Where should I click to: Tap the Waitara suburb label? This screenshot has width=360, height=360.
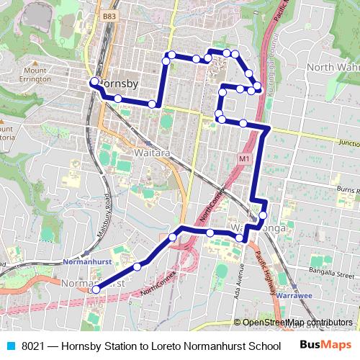tap(151, 153)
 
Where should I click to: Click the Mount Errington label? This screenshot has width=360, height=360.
tap(34, 75)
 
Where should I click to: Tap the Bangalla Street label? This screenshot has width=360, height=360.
tap(331, 274)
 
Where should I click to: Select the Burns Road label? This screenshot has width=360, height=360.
tap(344, 189)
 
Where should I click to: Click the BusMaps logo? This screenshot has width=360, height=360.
tap(325, 344)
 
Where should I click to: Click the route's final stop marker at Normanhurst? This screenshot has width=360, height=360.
tap(94, 289)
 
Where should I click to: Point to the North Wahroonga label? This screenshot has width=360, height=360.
tap(333, 68)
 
